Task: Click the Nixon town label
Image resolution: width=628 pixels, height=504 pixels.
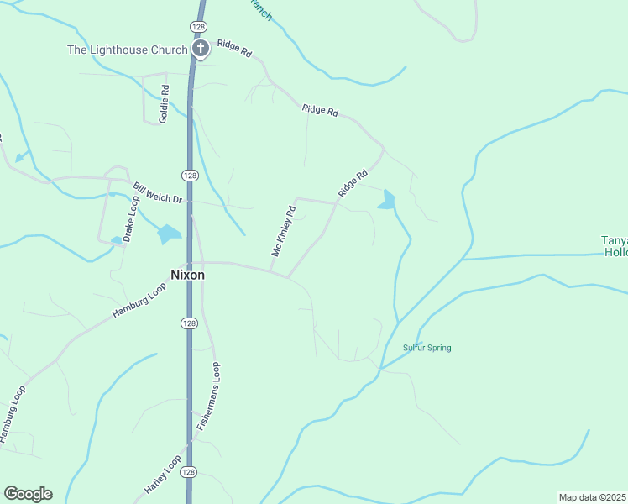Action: [x=187, y=274]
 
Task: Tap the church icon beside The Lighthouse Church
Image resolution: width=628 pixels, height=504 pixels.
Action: [x=200, y=50]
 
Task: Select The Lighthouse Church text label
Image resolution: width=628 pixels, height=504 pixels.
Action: [x=128, y=50]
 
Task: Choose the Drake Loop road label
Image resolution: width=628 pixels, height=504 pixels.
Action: [x=131, y=219]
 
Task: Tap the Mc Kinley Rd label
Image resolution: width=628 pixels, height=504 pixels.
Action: [x=284, y=231]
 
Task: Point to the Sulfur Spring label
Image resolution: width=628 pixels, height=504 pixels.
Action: [x=427, y=348]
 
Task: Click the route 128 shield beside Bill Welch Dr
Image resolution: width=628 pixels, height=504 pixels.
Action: [x=189, y=175]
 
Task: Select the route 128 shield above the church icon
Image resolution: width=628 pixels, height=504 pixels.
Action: [x=198, y=27]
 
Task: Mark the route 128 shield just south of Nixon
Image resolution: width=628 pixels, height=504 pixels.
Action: [x=190, y=323]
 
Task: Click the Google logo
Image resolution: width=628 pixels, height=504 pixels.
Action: [x=28, y=494]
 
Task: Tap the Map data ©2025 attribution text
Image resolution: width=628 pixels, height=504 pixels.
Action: [x=593, y=497]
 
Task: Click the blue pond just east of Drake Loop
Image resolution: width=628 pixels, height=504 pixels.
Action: [x=169, y=234]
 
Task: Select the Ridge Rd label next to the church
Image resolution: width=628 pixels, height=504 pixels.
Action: [x=234, y=50]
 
